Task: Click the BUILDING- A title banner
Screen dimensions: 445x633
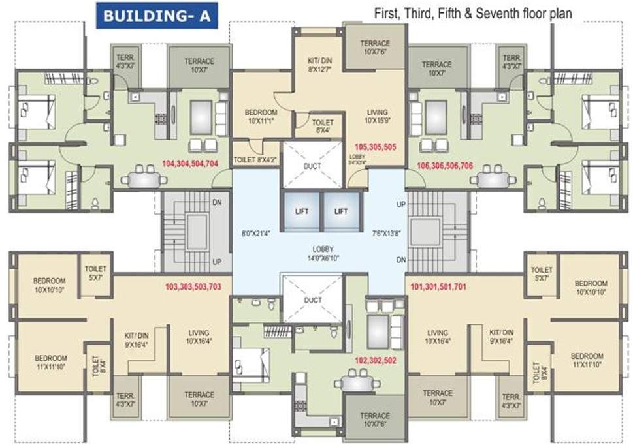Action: point(157,16)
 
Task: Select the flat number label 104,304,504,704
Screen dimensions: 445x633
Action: point(189,163)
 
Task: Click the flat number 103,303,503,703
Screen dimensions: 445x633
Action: point(193,286)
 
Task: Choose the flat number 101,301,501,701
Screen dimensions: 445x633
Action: point(438,286)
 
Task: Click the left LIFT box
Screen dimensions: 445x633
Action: point(301,211)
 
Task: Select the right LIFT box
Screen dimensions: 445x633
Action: point(342,211)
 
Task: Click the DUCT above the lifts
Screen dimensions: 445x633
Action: point(312,166)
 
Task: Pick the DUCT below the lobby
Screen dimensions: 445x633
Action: point(312,300)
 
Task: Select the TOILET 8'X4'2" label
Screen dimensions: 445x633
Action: point(255,159)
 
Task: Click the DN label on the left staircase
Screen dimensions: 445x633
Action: point(217,203)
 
